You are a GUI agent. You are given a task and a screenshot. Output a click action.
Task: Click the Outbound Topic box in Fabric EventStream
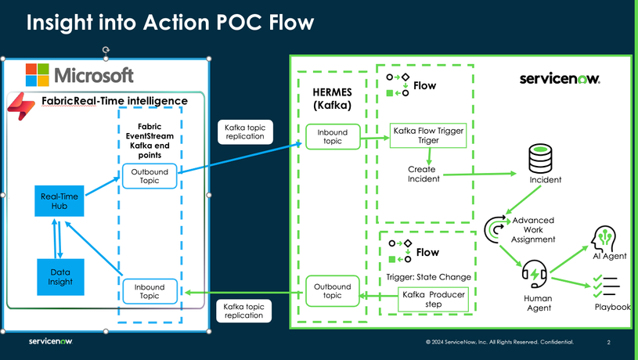click(x=149, y=176)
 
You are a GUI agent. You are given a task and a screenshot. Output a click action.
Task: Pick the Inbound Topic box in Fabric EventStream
click(x=149, y=291)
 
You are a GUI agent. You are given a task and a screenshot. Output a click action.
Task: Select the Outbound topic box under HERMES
click(x=332, y=290)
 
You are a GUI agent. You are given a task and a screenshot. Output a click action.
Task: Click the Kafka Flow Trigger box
click(x=428, y=135)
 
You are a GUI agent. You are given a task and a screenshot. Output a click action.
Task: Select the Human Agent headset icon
click(x=535, y=275)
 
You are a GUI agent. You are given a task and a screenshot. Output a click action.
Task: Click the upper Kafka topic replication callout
click(x=244, y=131)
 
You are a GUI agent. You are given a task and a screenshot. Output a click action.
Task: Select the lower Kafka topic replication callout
click(x=244, y=311)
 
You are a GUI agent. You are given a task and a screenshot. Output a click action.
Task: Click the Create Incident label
click(x=423, y=174)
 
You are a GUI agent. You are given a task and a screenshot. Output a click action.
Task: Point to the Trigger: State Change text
click(x=428, y=276)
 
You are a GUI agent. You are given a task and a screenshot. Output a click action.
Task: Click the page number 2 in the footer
click(x=608, y=342)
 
